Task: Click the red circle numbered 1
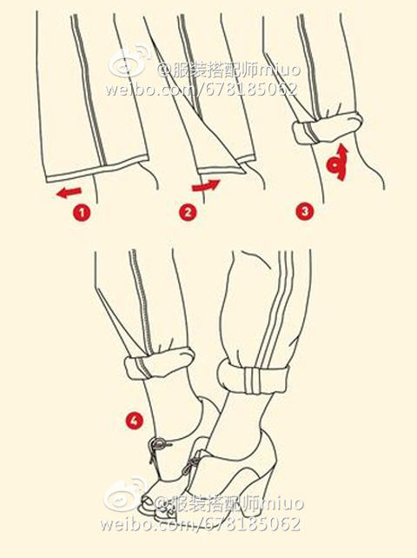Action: click(82, 212)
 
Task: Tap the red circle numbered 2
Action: click(188, 212)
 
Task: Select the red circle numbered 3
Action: click(305, 211)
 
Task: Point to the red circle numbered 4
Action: click(134, 421)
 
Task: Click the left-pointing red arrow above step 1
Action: click(69, 193)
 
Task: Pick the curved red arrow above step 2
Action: click(206, 185)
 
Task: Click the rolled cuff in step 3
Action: click(328, 128)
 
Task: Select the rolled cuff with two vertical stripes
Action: click(253, 377)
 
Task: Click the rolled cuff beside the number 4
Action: click(159, 363)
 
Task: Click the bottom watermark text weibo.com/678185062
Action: click(200, 523)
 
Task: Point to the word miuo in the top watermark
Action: click(280, 70)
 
